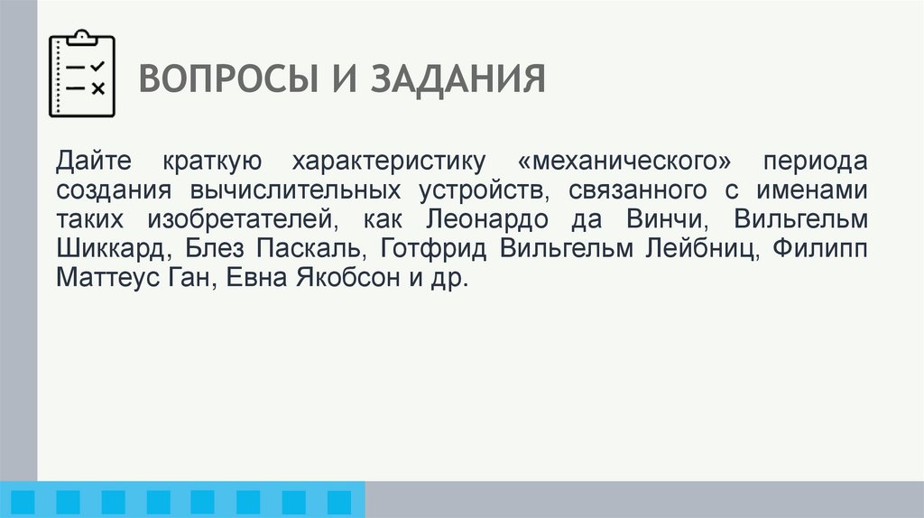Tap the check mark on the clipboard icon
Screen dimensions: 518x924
click(x=98, y=65)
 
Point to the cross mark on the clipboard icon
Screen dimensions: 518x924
click(x=98, y=88)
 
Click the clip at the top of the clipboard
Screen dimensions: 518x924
click(x=82, y=37)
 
